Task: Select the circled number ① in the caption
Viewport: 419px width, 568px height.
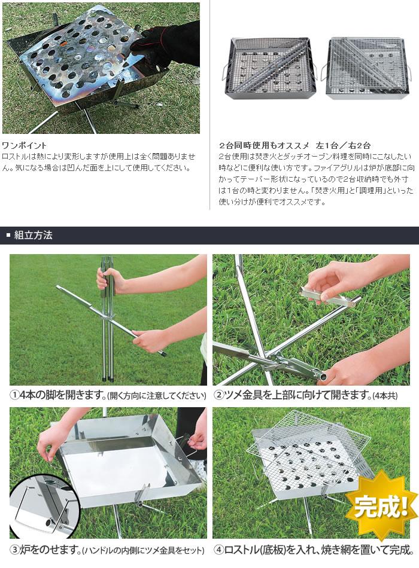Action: click(x=14, y=396)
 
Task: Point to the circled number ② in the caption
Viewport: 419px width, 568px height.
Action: click(x=219, y=396)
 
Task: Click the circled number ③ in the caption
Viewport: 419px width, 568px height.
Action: click(x=14, y=550)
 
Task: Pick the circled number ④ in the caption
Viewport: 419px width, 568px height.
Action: click(x=220, y=550)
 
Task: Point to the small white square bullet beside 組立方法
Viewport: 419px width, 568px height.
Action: click(x=8, y=235)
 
